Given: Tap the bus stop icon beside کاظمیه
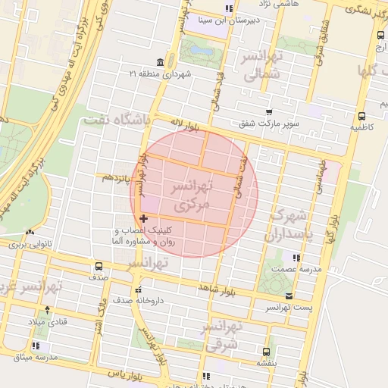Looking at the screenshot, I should click(361, 117).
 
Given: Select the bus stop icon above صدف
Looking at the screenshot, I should click(99, 266).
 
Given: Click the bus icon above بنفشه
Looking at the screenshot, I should click(265, 352).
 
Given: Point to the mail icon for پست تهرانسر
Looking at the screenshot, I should click(288, 296).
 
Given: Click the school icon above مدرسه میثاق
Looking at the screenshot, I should click(36, 346).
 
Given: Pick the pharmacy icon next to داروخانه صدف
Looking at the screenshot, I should click(138, 289).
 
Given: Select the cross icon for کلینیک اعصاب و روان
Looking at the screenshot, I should click(144, 218).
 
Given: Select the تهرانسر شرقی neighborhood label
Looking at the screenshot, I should click(221, 334).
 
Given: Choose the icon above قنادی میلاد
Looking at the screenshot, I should click(48, 310).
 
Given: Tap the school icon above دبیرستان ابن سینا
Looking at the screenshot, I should click(229, 9).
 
